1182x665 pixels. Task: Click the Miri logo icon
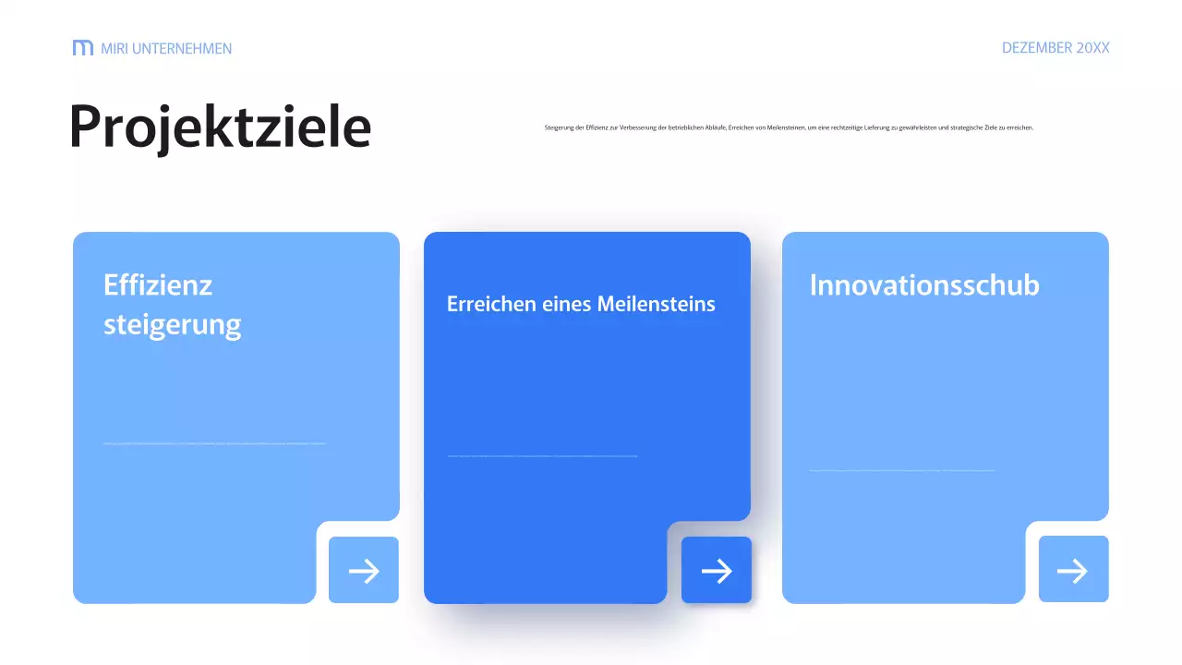(83, 48)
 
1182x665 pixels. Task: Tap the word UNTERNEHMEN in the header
(182, 48)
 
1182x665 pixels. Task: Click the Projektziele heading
(220, 127)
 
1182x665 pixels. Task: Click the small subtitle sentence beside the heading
(789, 127)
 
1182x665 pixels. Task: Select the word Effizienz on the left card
(158, 284)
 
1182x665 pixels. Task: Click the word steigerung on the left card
(172, 325)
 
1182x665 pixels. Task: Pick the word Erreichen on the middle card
(485, 304)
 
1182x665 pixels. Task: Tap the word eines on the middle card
(563, 304)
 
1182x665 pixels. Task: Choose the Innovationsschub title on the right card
(924, 284)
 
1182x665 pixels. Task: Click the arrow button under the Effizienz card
(364, 571)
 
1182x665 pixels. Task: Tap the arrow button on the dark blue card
(717, 571)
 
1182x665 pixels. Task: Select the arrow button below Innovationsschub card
(1073, 571)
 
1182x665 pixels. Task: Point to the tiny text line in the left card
(214, 443)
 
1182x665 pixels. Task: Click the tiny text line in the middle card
(542, 455)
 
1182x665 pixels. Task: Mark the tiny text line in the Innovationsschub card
(902, 470)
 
